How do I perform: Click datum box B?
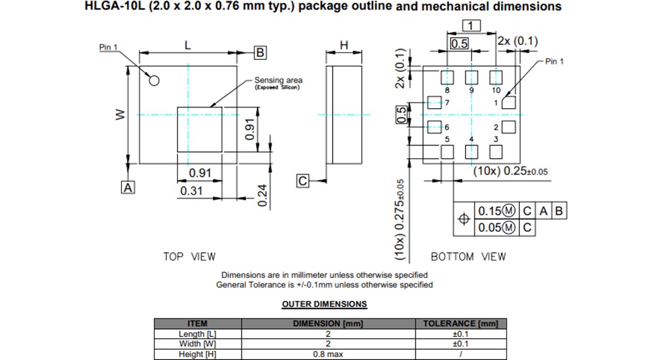tap(260, 53)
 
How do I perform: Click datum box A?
tap(128, 187)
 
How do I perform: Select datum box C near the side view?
tap(303, 181)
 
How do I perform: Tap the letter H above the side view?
tap(344, 45)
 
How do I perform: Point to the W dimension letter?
tap(120, 114)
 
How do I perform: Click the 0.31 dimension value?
tap(191, 191)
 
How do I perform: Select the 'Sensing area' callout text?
tap(278, 80)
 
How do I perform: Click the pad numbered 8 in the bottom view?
tap(447, 77)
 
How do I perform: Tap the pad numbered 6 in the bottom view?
tap(433, 127)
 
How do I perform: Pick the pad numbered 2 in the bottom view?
tap(509, 127)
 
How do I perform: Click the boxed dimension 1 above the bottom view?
tap(471, 25)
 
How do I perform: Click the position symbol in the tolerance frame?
tap(464, 219)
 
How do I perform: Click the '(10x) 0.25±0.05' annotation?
tap(510, 171)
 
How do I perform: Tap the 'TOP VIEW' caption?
tap(189, 257)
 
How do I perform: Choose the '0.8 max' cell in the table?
tap(328, 355)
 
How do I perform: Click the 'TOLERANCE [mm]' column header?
tap(461, 324)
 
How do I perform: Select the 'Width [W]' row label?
tap(197, 344)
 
